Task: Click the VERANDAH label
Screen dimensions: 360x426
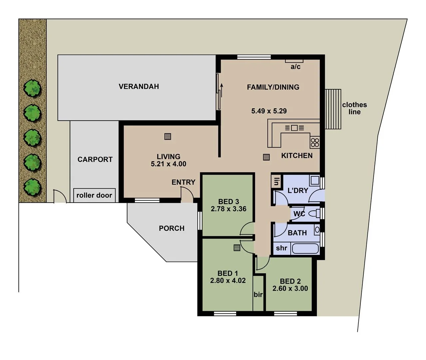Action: (x=139, y=87)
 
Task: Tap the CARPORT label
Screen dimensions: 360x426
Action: (x=95, y=160)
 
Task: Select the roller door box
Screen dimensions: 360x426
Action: (x=94, y=195)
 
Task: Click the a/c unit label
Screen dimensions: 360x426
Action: (x=295, y=67)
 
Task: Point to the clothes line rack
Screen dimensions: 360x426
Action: (x=333, y=109)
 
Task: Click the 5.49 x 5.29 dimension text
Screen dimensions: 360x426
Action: (x=269, y=111)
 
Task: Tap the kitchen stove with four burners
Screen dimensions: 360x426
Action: (x=315, y=143)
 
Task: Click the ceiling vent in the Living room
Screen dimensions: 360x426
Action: (x=168, y=136)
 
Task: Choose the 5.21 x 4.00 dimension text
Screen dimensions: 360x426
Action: (x=169, y=164)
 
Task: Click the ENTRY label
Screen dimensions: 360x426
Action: (x=183, y=182)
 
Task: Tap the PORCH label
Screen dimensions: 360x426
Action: (x=172, y=228)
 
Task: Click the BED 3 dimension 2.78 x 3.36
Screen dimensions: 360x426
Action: (x=228, y=209)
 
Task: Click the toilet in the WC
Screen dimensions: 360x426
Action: (x=314, y=213)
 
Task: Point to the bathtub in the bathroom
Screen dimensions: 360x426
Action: (x=305, y=249)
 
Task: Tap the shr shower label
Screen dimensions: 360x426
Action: (x=281, y=248)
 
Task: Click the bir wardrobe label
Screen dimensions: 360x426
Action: (x=258, y=295)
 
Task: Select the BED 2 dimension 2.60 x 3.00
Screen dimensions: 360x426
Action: (x=290, y=289)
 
